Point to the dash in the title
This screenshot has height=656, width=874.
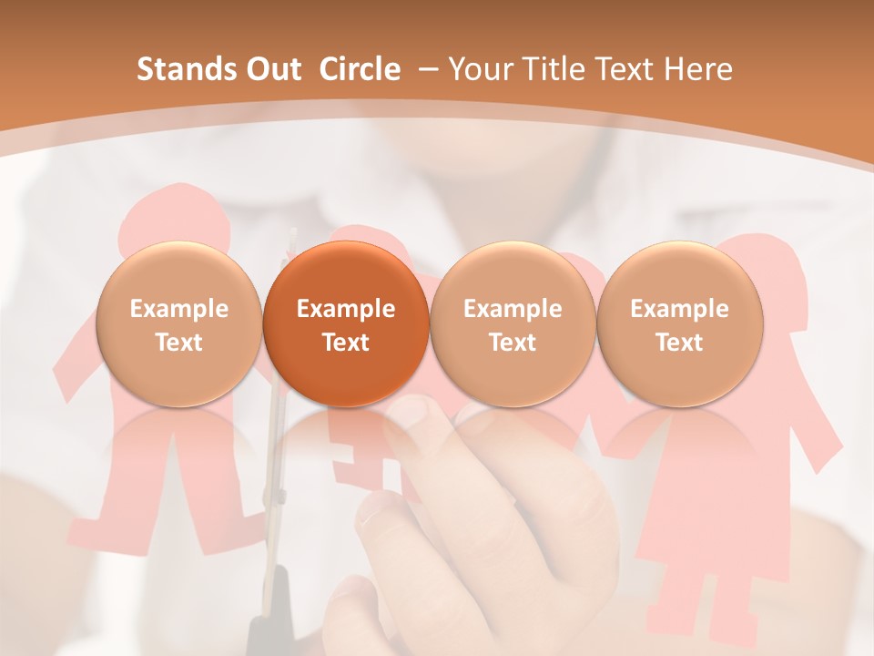[429, 70]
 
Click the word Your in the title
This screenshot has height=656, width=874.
[479, 69]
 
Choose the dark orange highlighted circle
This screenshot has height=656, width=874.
[346, 323]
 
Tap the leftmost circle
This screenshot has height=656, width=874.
[178, 323]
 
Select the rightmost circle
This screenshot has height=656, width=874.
[679, 323]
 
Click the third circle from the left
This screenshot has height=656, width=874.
[513, 323]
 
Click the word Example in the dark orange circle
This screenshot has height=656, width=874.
[346, 309]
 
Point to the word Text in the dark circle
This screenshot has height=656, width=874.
[346, 343]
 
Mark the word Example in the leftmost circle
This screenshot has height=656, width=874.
[178, 309]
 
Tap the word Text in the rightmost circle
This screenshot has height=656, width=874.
[679, 343]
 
